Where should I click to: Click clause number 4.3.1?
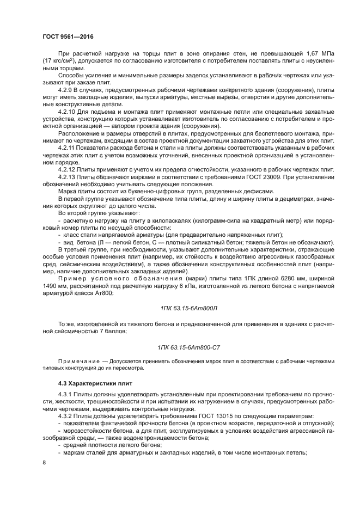tap(66, 394)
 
